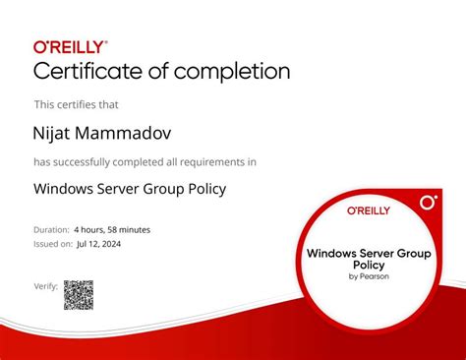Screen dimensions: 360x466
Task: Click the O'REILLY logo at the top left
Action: click(71, 46)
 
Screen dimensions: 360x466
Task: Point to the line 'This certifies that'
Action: click(76, 103)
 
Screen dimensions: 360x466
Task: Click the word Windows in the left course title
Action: click(64, 189)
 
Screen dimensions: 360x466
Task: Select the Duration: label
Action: click(51, 229)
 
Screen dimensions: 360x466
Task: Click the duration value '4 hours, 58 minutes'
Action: click(112, 229)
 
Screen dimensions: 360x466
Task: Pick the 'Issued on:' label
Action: click(53, 242)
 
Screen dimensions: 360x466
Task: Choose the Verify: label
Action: click(46, 285)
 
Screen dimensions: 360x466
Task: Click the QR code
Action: click(79, 295)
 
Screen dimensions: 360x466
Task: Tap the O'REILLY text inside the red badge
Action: click(368, 210)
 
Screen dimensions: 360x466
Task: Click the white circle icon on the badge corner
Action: click(428, 203)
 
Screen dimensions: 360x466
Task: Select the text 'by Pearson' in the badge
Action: click(368, 276)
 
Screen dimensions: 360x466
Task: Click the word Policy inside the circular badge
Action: click(368, 265)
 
